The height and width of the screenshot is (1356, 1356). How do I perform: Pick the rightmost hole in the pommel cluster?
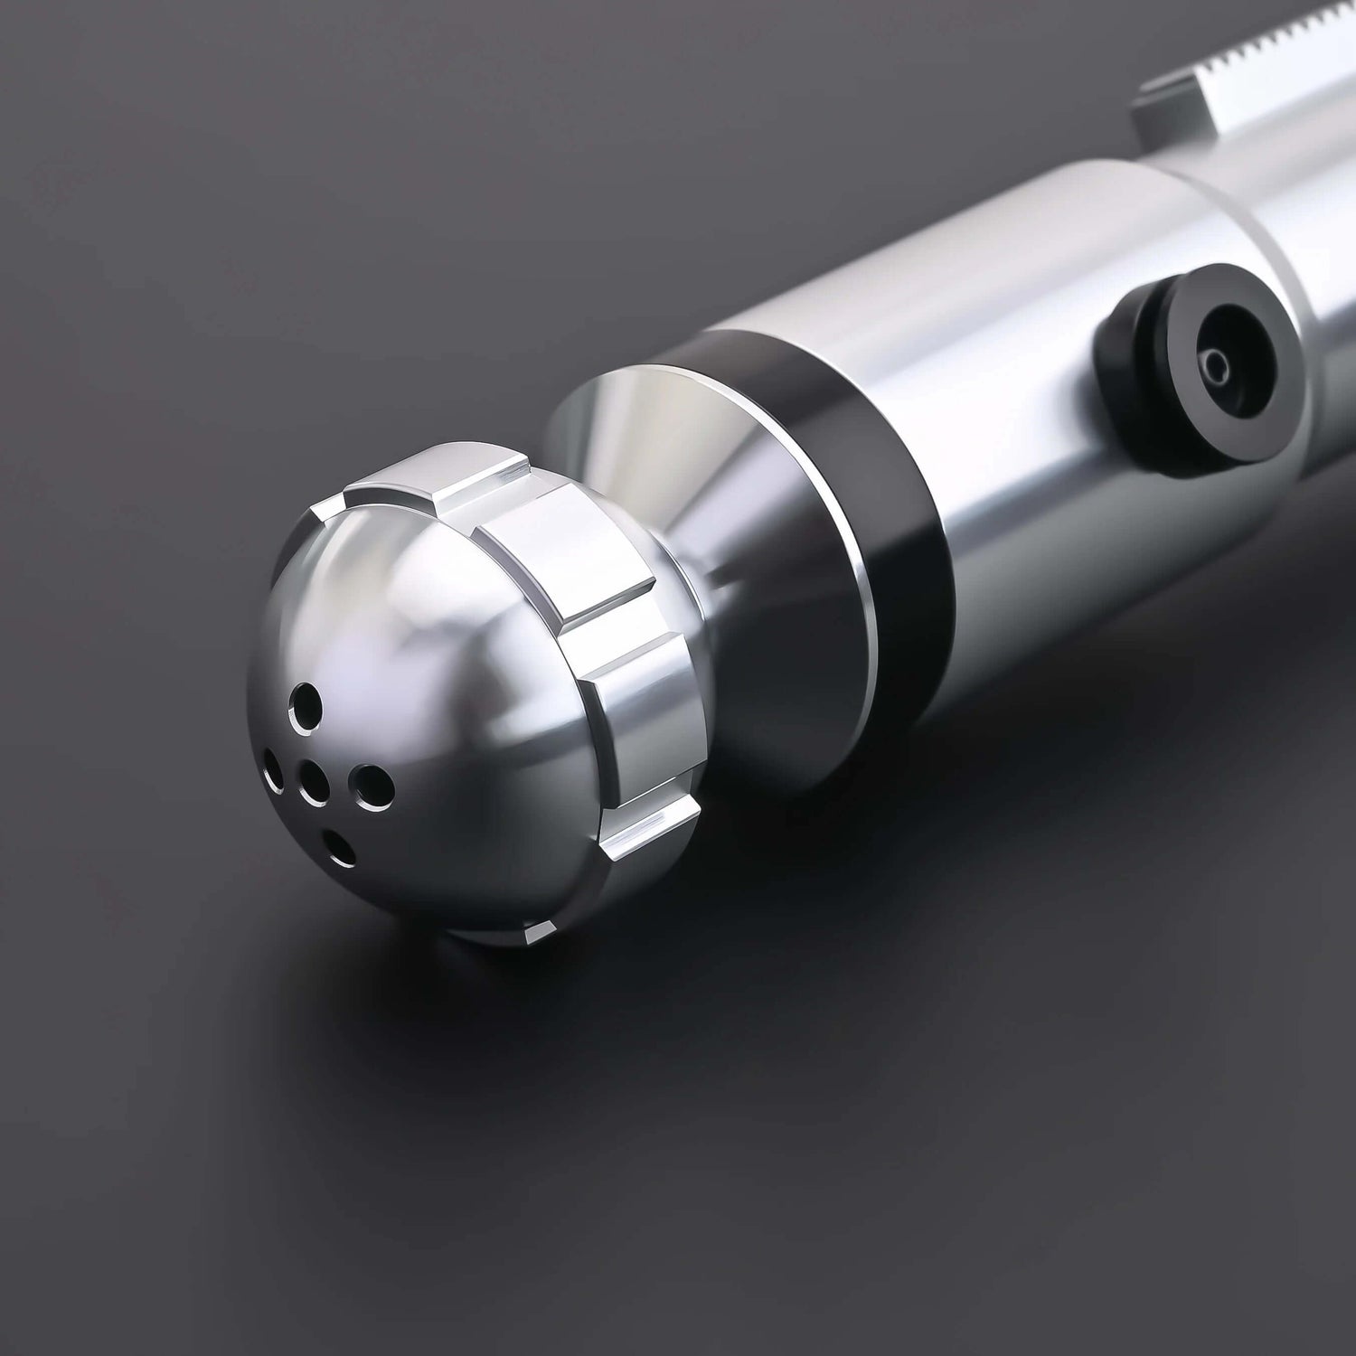pos(368,784)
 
